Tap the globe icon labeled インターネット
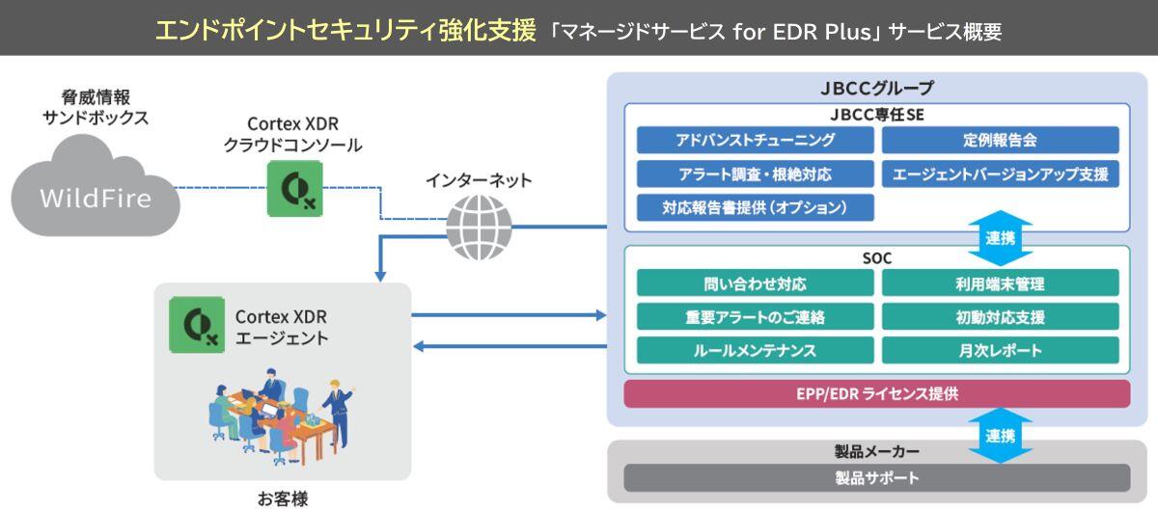(x=480, y=227)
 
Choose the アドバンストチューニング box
(x=755, y=141)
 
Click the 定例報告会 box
(x=1000, y=141)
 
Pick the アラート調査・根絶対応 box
(x=755, y=174)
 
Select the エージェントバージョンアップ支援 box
(x=1000, y=174)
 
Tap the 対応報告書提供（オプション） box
(x=755, y=207)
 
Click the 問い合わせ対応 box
(x=755, y=283)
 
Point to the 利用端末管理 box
(x=1000, y=283)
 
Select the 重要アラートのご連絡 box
(x=755, y=317)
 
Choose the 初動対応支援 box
(x=1000, y=317)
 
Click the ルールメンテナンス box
(x=755, y=350)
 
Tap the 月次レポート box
(x=1000, y=350)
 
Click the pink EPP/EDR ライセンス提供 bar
(x=876, y=393)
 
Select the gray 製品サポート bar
(x=876, y=478)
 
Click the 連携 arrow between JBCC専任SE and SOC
(x=1000, y=238)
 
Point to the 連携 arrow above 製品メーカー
(x=1000, y=436)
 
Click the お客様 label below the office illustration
(x=282, y=497)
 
